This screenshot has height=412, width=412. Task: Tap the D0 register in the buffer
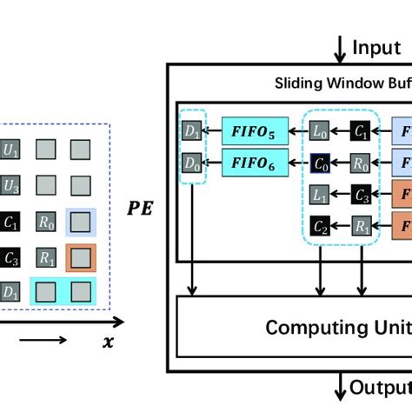pyautogui.click(x=191, y=162)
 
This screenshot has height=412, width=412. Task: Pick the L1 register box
pyautogui.click(x=320, y=192)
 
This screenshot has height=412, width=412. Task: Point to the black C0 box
pyautogui.click(x=320, y=162)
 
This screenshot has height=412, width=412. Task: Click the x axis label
pyautogui.click(x=108, y=342)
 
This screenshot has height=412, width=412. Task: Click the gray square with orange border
pyautogui.click(x=81, y=258)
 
